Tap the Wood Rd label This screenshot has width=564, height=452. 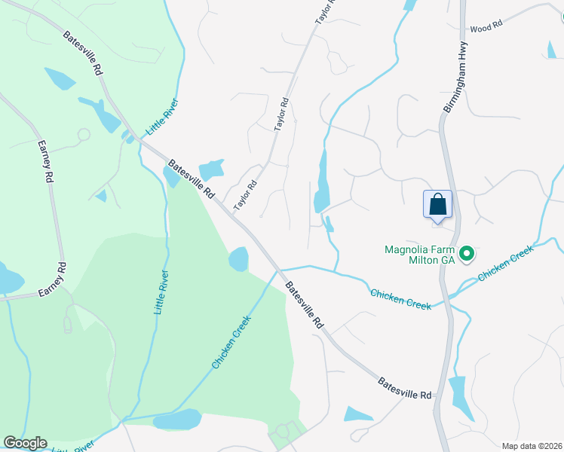pos(486,27)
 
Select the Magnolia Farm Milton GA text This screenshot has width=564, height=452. pos(418,255)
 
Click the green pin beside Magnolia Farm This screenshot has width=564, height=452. pos(467,255)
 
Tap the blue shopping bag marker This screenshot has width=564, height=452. pos(437,204)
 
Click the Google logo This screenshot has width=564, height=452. pos(25,443)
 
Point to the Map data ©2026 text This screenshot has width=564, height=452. pos(532,446)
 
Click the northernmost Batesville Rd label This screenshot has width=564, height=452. pos(83,53)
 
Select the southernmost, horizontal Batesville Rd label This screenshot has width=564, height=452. pos(406,389)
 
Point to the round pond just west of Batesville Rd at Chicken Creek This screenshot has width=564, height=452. pos(238,258)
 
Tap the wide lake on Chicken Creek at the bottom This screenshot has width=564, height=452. pos(177,420)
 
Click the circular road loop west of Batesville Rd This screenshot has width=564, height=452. pos(83,135)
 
